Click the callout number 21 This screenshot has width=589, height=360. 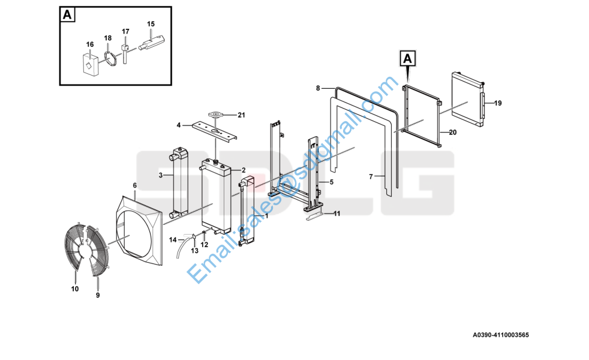[x=241, y=115]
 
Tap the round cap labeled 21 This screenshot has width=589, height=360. [x=215, y=113]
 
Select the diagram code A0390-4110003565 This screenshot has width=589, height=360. [x=500, y=335]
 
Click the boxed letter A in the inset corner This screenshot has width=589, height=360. [x=67, y=14]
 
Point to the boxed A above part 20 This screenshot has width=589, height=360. [x=408, y=59]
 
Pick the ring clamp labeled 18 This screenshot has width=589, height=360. [x=110, y=58]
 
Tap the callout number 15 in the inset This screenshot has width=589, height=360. [x=151, y=24]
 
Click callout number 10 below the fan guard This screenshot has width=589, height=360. [x=75, y=289]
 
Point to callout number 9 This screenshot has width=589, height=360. [x=98, y=295]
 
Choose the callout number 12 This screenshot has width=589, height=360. [x=204, y=245]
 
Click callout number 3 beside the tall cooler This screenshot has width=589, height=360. [x=161, y=175]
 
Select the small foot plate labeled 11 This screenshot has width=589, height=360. [x=314, y=217]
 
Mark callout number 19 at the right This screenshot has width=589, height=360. [x=498, y=103]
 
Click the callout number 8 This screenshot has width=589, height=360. [x=318, y=88]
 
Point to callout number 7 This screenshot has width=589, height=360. [x=371, y=176]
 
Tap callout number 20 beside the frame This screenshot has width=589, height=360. [x=453, y=132]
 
